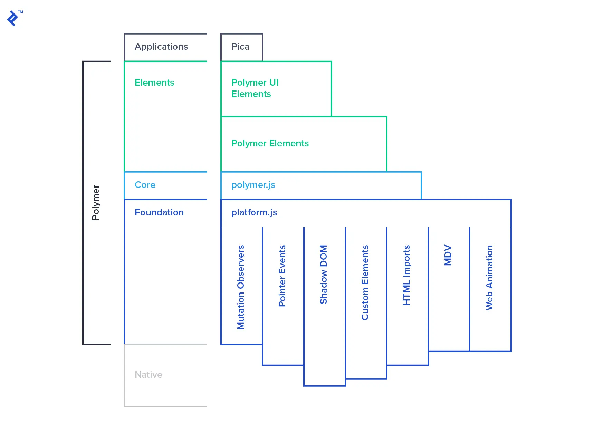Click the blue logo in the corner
13,18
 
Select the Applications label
161,47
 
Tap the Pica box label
240,47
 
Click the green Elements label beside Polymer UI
154,83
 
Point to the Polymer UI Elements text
255,88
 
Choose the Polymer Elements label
270,143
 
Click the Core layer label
145,185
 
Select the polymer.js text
253,185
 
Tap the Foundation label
159,212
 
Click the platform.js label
254,212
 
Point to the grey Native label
148,375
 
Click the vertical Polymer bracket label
96,202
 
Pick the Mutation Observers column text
241,287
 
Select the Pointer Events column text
282,276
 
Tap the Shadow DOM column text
324,275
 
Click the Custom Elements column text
365,282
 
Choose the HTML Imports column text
406,275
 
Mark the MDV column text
448,255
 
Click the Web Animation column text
489,278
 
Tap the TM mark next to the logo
21,12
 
